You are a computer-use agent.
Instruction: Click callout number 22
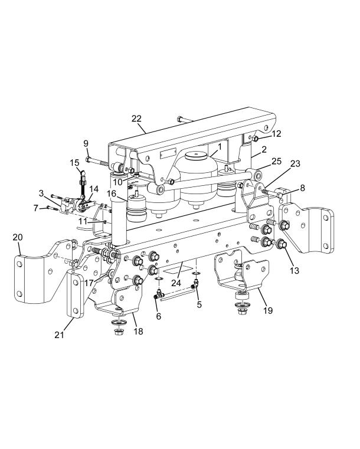137,119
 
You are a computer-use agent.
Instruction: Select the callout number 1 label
220,147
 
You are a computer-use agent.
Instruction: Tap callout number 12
276,134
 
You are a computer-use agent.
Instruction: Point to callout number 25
277,161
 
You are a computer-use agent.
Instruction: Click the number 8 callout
303,188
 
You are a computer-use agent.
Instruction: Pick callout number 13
294,270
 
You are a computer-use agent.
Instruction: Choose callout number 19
268,310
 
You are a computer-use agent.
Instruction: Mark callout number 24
176,283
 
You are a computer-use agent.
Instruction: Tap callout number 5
199,304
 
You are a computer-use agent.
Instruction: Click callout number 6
158,316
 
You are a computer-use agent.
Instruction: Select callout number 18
138,332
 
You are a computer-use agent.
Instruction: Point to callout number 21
59,335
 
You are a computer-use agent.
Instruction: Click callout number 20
18,237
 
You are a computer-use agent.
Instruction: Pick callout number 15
74,163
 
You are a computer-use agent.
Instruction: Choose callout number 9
86,143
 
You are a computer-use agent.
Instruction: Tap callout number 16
112,194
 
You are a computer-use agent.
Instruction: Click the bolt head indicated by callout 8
281,195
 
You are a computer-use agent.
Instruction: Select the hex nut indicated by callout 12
255,139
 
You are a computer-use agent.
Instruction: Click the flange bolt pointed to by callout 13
283,244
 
